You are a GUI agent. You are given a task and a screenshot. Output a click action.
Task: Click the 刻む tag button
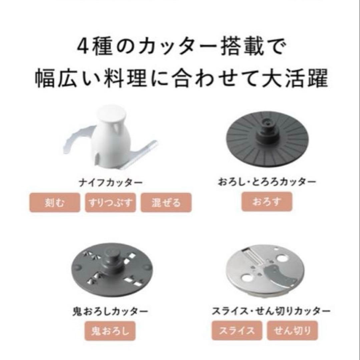coord(55,203)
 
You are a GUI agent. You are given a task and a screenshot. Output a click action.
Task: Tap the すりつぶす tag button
coord(110,203)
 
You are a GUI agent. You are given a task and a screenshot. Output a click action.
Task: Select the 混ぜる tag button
coord(166,203)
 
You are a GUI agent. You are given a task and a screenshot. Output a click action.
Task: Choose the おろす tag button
coord(267,202)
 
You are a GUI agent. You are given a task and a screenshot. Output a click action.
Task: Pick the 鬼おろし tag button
coord(110,331)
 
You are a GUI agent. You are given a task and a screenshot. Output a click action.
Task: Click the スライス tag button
coord(237,331)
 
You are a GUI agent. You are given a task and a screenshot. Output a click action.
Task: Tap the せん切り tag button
coord(293,331)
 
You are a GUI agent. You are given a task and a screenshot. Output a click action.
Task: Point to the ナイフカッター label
coord(110,183)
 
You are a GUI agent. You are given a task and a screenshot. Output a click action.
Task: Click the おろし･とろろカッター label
coord(267,182)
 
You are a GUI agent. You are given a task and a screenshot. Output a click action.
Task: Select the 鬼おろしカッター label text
coord(110,312)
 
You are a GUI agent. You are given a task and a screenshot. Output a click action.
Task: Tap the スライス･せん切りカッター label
coord(271,311)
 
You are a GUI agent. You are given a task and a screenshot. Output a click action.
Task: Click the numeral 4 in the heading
coord(83,47)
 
